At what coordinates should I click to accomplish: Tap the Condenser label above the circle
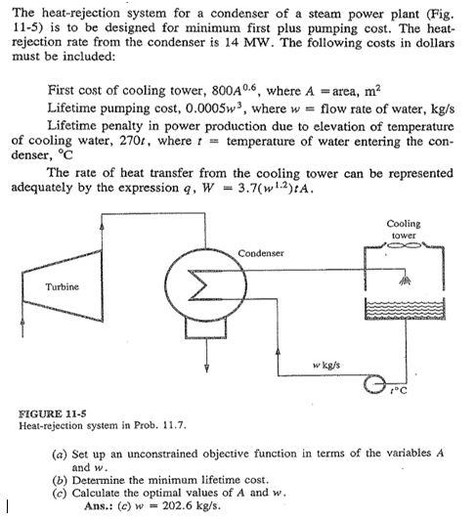click(x=260, y=253)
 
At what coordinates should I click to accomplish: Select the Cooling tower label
click(x=405, y=230)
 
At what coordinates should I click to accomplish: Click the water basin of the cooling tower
click(x=405, y=312)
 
